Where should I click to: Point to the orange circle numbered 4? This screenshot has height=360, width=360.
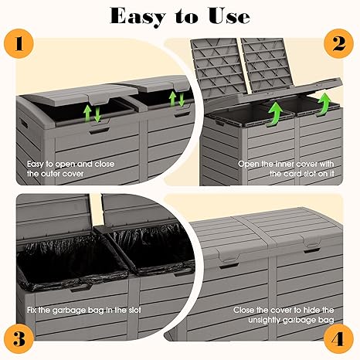point(337,338)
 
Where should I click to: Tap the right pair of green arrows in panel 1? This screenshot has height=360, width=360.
point(178,100)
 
